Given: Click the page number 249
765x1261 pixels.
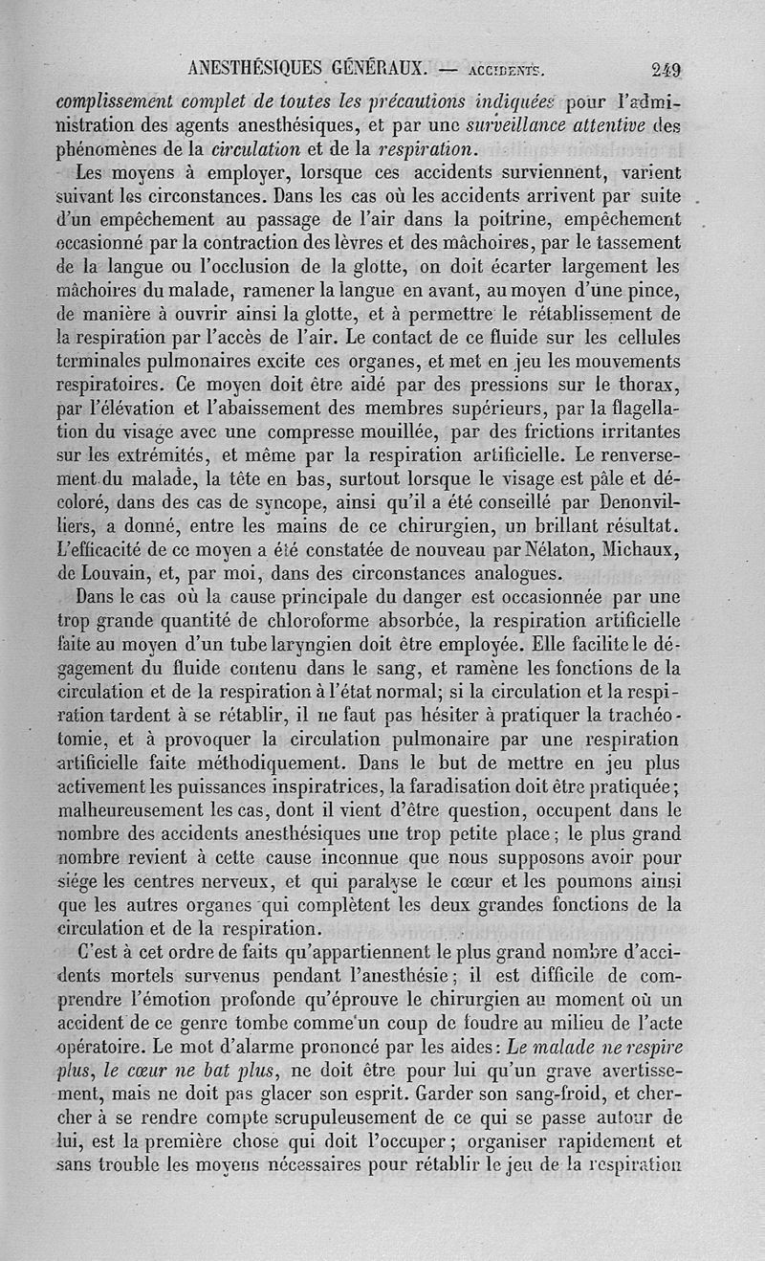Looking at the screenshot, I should tap(671, 69).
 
